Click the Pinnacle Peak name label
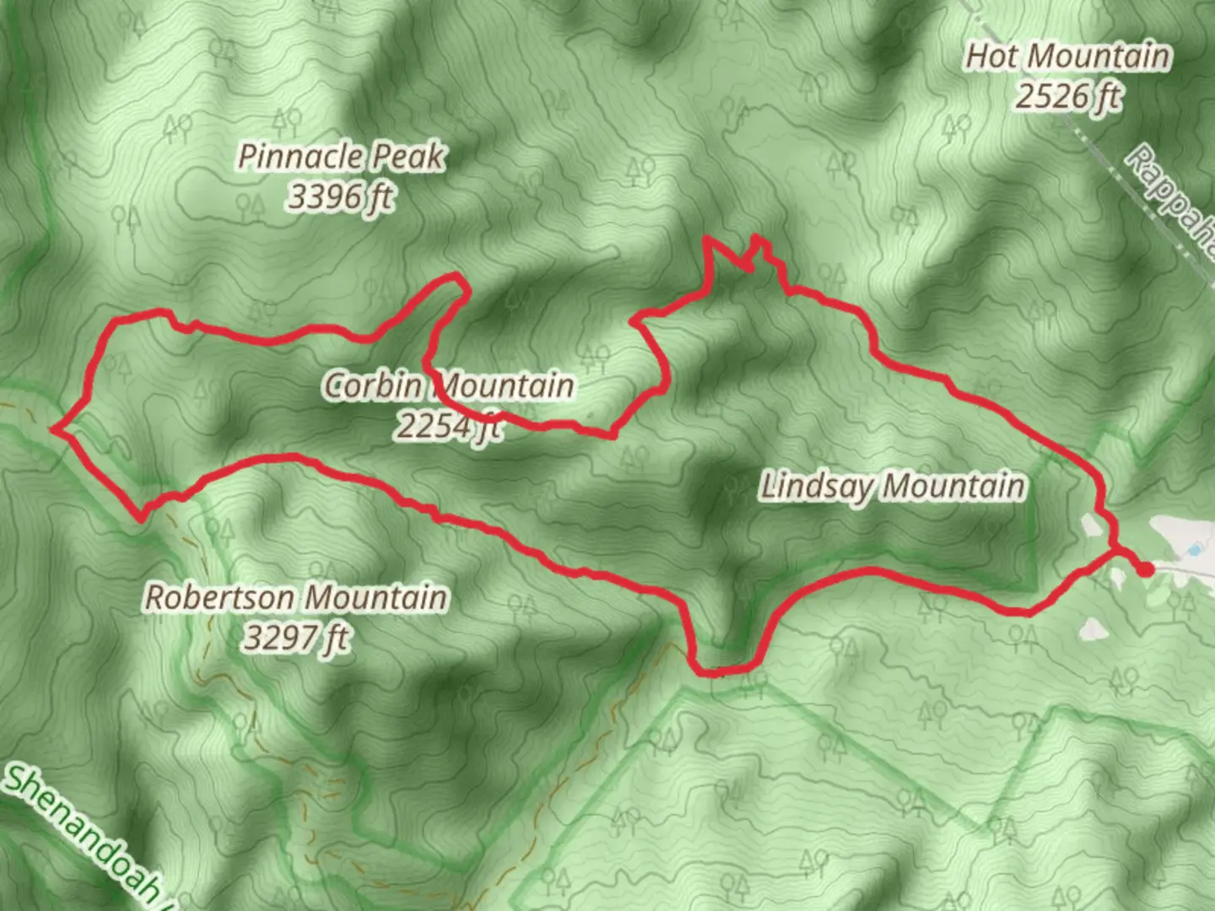click(x=341, y=156)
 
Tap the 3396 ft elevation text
click(x=341, y=197)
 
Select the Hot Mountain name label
click(x=1068, y=57)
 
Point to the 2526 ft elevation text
click(x=1068, y=97)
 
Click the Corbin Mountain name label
click(x=448, y=385)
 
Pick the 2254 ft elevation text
click(x=448, y=426)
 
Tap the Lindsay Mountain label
click(x=893, y=487)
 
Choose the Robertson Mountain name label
click(x=296, y=597)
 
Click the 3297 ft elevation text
click(x=296, y=638)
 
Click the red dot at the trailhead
click(x=1145, y=570)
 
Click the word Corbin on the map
click(x=372, y=385)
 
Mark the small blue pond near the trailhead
click(x=1194, y=550)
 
